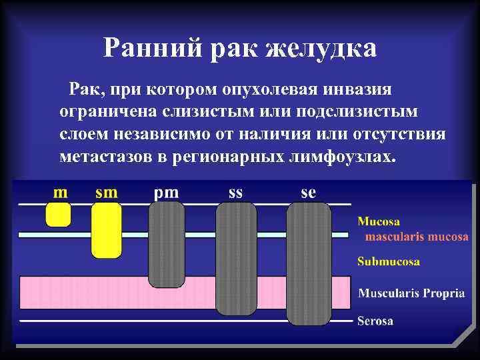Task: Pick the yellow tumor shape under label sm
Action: tap(106, 229)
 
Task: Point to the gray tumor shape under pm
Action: tap(166, 244)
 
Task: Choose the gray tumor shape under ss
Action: tap(236, 258)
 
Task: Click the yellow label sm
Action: tap(107, 193)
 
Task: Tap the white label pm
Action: tap(166, 193)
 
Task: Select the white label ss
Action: tap(235, 193)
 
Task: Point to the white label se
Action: tap(308, 193)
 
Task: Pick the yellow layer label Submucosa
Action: tap(389, 262)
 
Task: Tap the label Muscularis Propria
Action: tap(411, 293)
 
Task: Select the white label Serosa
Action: tap(375, 321)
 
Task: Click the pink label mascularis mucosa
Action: tap(416, 237)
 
